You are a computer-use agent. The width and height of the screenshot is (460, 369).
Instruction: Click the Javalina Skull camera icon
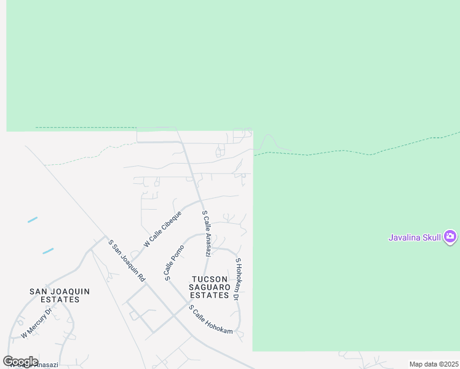pyautogui.click(x=450, y=237)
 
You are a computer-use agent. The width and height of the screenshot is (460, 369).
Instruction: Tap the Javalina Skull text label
pyautogui.click(x=415, y=237)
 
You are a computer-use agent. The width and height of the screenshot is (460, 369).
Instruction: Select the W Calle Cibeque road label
pyautogui.click(x=162, y=229)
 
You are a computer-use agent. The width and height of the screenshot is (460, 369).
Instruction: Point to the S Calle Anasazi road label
pyautogui.click(x=207, y=234)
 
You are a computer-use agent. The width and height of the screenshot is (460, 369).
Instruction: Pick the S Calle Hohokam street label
pyautogui.click(x=211, y=320)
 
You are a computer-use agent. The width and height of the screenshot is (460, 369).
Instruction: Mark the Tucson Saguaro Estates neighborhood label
pyautogui.click(x=210, y=287)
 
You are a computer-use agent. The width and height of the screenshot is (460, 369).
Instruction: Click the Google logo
pyautogui.click(x=20, y=361)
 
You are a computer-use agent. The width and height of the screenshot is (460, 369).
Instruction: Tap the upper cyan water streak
pyautogui.click(x=33, y=220)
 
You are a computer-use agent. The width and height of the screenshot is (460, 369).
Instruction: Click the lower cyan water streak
pyautogui.click(x=48, y=251)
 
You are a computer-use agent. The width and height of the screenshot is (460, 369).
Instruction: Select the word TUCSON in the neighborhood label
pyautogui.click(x=210, y=279)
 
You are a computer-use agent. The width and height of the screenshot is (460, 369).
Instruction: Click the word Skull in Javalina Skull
pyautogui.click(x=430, y=237)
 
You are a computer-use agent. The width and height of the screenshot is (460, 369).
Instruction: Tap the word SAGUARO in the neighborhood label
pyautogui.click(x=210, y=287)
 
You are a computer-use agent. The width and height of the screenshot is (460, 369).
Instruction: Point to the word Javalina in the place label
pyautogui.click(x=403, y=237)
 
